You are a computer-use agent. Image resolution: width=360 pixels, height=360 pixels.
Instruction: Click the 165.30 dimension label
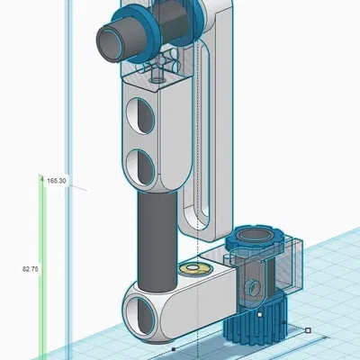click(x=58, y=181)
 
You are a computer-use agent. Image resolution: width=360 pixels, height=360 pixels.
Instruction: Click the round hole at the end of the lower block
click(x=144, y=310)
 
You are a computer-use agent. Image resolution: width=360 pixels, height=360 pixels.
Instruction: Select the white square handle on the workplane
click(x=309, y=330)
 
